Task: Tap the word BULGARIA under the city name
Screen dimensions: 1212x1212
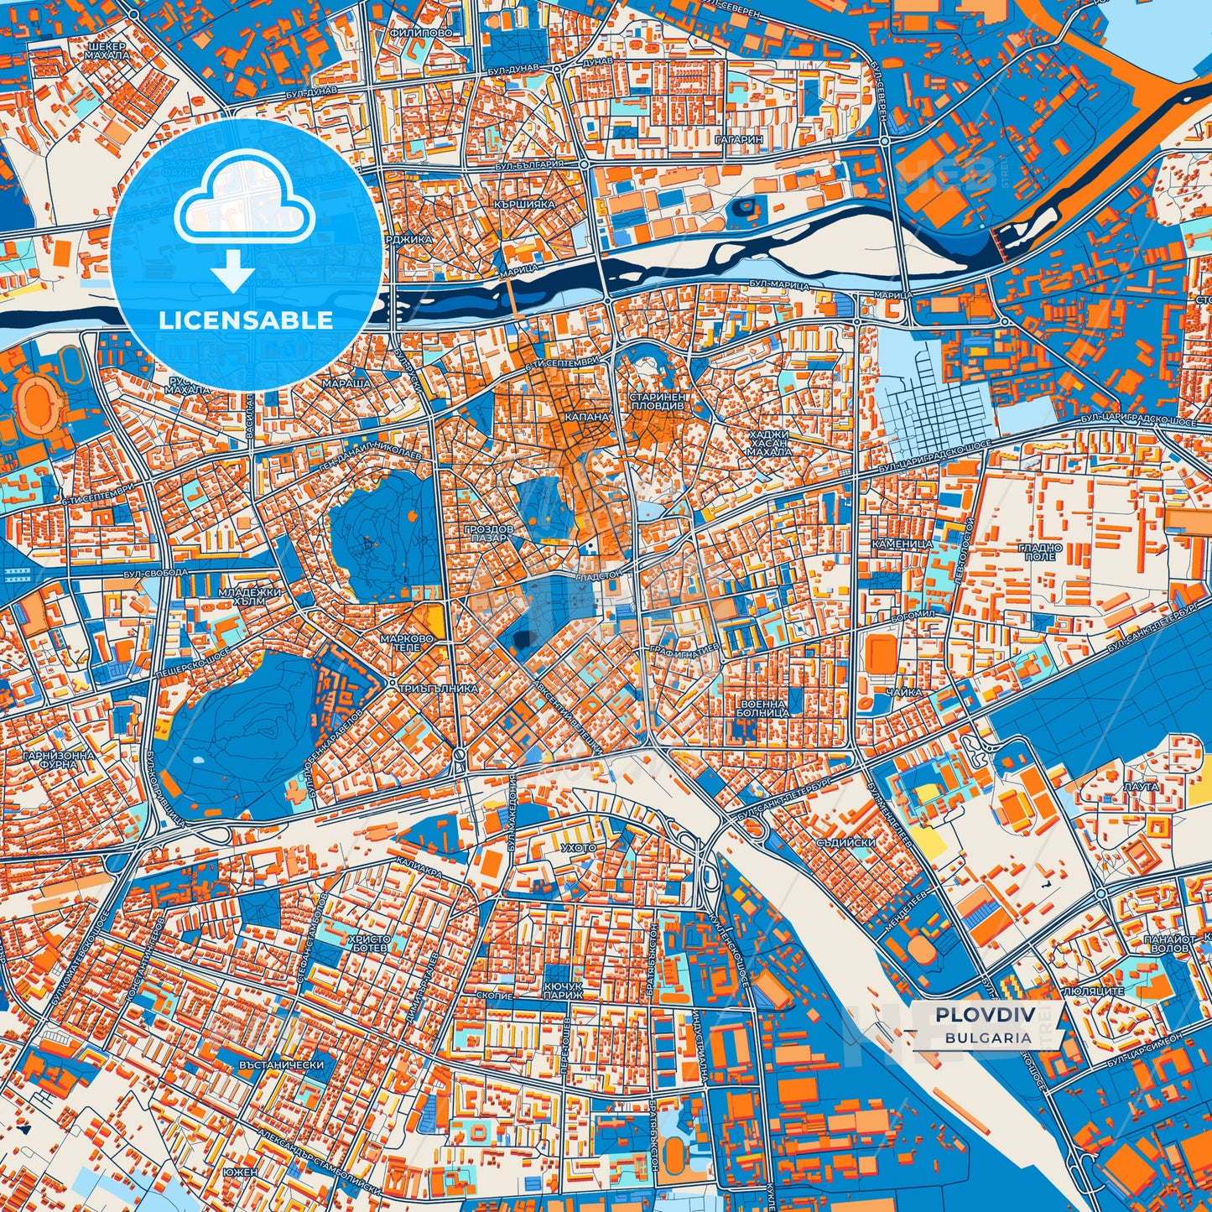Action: (x=988, y=1038)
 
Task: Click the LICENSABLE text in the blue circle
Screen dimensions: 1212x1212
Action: (x=246, y=320)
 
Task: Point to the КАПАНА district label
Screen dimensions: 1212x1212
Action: (x=586, y=416)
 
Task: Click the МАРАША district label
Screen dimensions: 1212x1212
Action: (x=346, y=383)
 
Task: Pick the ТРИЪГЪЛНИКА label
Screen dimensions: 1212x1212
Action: (x=439, y=688)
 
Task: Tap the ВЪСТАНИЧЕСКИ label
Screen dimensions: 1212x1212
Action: (x=282, y=1064)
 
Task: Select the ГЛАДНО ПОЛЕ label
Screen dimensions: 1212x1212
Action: (x=1041, y=552)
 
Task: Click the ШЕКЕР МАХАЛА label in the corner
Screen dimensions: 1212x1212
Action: (x=107, y=50)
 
